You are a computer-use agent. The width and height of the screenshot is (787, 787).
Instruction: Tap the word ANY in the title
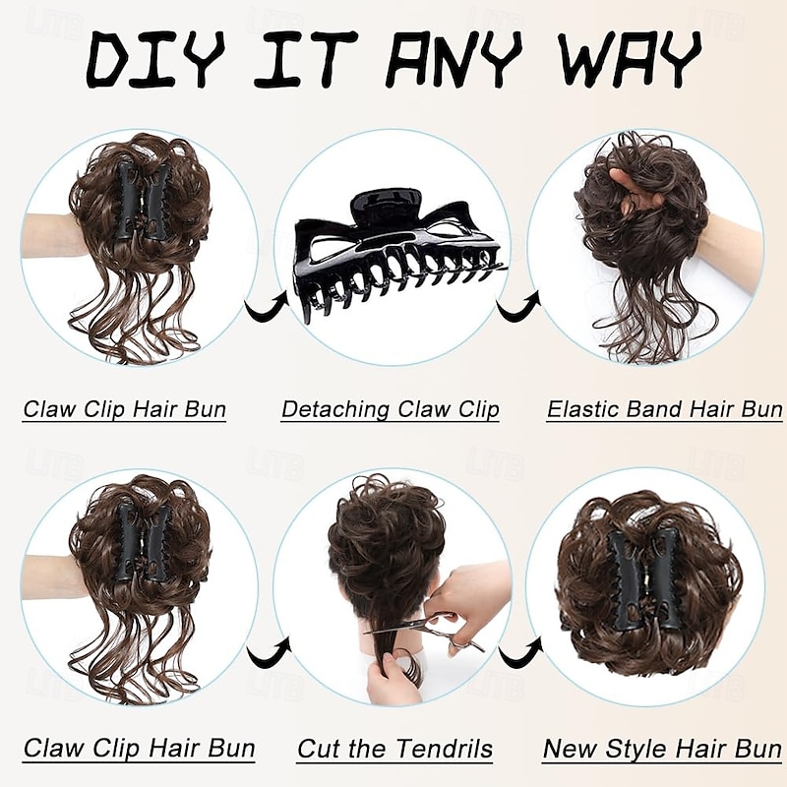454,59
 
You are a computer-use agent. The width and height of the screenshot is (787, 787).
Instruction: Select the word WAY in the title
630,59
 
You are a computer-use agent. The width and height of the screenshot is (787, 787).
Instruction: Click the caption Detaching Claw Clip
390,409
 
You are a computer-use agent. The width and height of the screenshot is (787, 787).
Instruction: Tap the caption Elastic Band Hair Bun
665,409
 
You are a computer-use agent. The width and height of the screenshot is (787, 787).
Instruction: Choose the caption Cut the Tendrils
395,749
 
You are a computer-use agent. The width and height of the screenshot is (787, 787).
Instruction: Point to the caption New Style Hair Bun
662,749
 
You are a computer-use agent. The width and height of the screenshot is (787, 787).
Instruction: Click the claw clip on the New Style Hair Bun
646,577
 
